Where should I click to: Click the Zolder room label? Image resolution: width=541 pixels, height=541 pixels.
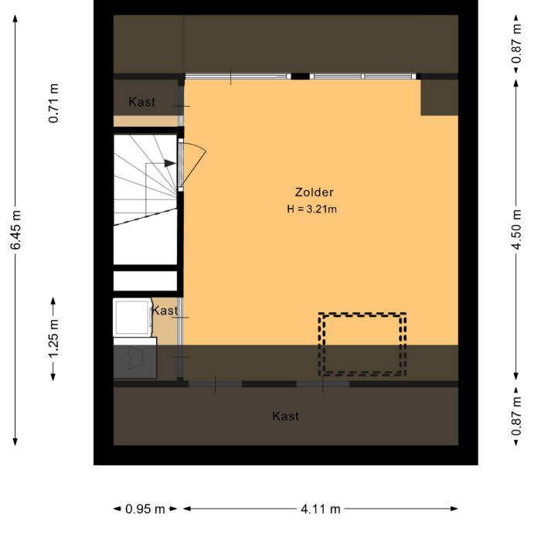click(x=314, y=192)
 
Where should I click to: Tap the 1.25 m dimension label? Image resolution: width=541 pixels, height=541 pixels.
click(x=53, y=338)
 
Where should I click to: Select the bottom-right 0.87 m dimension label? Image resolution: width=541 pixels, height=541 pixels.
click(x=517, y=418)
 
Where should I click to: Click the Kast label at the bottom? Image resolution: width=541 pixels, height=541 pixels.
click(x=285, y=417)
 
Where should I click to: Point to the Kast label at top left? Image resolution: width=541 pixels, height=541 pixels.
click(x=142, y=102)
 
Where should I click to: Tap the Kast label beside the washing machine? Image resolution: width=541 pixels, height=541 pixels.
click(x=165, y=311)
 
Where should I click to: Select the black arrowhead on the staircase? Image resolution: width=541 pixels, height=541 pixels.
click(x=169, y=163)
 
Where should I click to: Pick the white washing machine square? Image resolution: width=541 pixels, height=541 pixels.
click(x=132, y=317)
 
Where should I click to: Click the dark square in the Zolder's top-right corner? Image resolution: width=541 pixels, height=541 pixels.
click(x=439, y=97)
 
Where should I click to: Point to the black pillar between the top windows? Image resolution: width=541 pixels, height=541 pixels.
click(x=299, y=77)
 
